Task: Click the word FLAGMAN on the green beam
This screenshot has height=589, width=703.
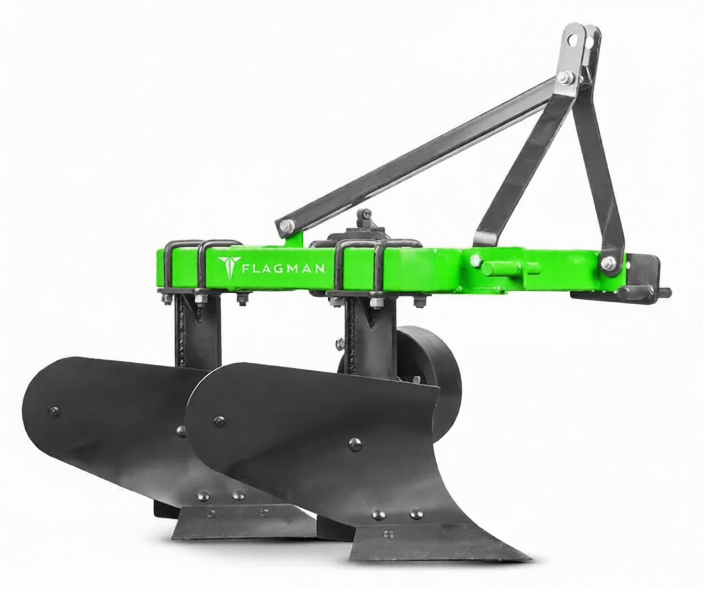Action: pyautogui.click(x=284, y=269)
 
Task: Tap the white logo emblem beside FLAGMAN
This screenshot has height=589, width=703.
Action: pyautogui.click(x=227, y=267)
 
